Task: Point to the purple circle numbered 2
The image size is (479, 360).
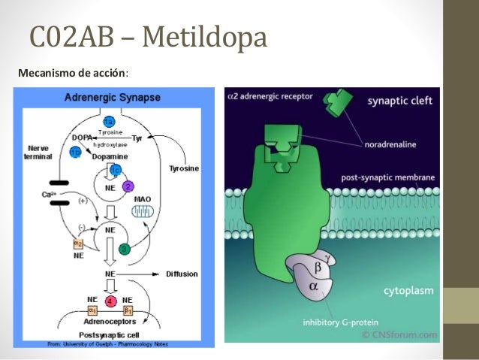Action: click(128, 186)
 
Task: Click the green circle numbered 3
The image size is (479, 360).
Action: click(125, 248)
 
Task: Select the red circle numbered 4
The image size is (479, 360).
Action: click(111, 301)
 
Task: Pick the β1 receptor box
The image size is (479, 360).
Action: click(128, 309)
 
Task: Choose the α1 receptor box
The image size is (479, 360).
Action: click(93, 309)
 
